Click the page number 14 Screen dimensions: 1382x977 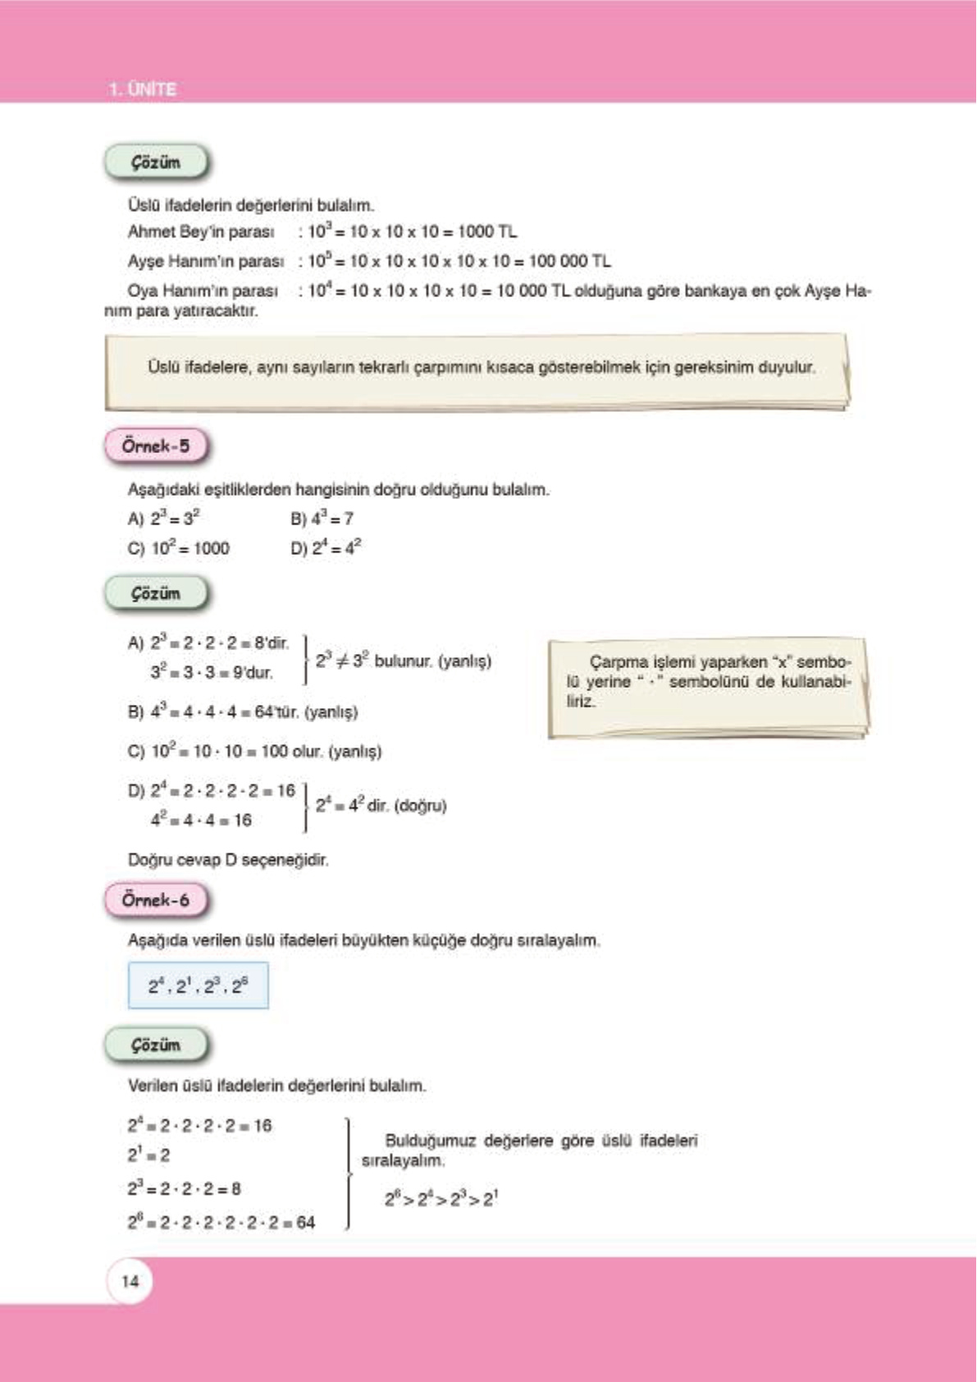click(x=130, y=1281)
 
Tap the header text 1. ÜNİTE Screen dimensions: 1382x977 click(x=142, y=89)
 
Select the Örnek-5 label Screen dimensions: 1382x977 click(x=156, y=446)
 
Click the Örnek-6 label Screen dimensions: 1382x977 click(x=156, y=899)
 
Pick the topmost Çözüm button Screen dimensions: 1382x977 click(x=156, y=162)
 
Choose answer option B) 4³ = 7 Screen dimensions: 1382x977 click(x=322, y=519)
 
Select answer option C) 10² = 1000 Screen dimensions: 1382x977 click(x=179, y=548)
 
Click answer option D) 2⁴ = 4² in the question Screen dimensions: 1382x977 click(x=326, y=548)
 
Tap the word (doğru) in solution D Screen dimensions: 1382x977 click(x=420, y=806)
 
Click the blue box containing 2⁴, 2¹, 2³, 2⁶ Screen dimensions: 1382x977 click(x=198, y=985)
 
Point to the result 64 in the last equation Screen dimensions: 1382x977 click(x=305, y=1223)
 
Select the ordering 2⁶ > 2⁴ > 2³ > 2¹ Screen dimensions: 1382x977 click(x=441, y=1199)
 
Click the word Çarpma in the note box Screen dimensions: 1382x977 click(x=614, y=661)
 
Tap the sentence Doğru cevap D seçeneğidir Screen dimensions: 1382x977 click(x=228, y=860)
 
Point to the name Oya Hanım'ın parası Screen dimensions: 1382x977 click(x=202, y=291)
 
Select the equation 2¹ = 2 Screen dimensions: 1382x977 click(x=148, y=1155)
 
